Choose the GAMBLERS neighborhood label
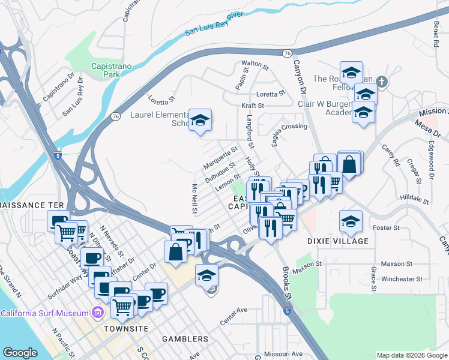185,339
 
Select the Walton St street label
251,63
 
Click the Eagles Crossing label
290,127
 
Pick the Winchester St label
398,279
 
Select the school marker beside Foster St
351,221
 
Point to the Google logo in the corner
20,353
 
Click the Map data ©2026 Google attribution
411,355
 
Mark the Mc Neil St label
194,193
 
